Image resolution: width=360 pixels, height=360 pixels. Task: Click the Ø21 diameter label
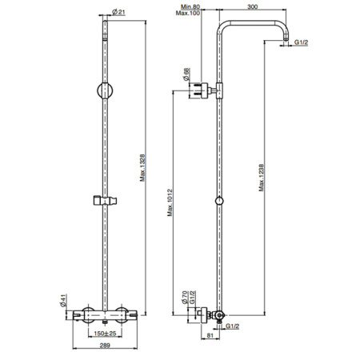tap(118, 12)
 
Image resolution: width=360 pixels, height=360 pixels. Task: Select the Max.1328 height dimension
tap(142, 168)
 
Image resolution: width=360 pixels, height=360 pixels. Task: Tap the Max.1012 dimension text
tap(170, 202)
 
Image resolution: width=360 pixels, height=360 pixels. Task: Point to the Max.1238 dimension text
tap(262, 178)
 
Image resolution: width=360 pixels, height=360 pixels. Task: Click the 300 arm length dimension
tap(253, 6)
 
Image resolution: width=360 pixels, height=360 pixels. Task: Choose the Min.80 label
tap(190, 6)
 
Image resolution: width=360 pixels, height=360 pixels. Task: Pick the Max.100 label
tap(188, 13)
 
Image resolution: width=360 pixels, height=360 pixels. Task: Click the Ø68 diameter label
tap(186, 74)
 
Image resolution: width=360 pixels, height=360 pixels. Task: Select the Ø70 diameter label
tap(185, 298)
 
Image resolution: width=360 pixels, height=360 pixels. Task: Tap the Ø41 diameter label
tap(63, 301)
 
